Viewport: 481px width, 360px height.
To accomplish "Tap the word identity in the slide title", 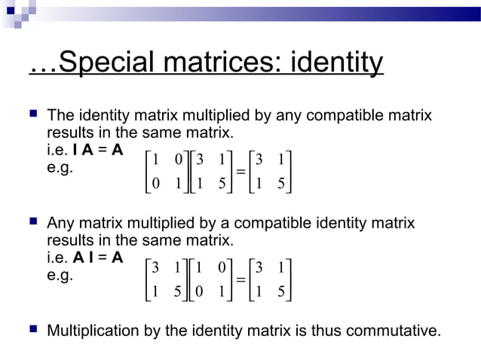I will click(x=335, y=64).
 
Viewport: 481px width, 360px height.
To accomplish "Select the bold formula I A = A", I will click(x=99, y=151).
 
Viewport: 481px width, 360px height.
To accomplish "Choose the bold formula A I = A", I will click(x=99, y=258).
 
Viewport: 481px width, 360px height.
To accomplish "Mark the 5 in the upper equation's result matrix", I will click(x=281, y=185).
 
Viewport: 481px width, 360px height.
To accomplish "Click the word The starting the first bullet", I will click(x=61, y=117).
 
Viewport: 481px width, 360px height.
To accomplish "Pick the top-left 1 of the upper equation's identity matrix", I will click(x=155, y=160).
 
